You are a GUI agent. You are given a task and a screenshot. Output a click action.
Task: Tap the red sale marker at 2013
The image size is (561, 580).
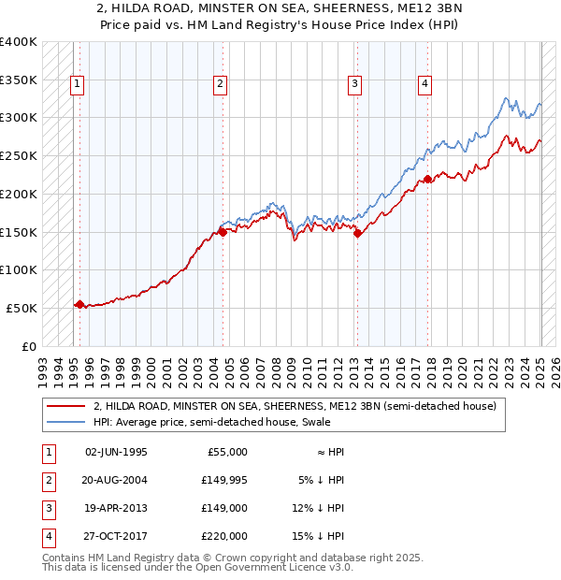click(356, 234)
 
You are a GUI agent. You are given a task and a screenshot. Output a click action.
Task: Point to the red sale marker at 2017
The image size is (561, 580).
click(427, 179)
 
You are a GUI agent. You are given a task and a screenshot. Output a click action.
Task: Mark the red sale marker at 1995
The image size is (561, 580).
click(79, 304)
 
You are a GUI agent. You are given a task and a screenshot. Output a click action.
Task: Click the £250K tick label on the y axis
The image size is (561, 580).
click(19, 156)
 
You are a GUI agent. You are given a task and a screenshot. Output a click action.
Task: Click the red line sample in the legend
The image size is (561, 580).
click(66, 407)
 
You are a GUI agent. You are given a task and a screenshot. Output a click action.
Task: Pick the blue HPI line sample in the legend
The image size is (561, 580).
click(66, 423)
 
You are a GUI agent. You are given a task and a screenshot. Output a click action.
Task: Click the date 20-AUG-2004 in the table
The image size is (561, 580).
click(116, 481)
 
